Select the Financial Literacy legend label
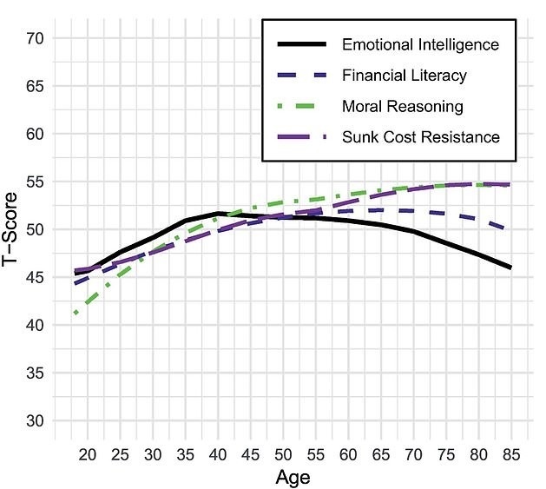pyautogui.click(x=405, y=76)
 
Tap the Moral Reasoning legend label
pyautogui.click(x=403, y=107)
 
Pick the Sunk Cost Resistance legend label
pyautogui.click(x=421, y=137)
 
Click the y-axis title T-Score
pyautogui.click(x=11, y=229)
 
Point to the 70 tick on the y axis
pyautogui.click(x=36, y=39)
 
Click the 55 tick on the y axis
pyautogui.click(x=36, y=182)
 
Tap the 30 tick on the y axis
pyautogui.click(x=36, y=421)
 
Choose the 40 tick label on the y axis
pyautogui.click(x=36, y=326)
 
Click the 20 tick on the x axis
pyautogui.click(x=87, y=453)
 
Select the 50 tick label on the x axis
pyautogui.click(x=282, y=453)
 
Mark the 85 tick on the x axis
pyautogui.click(x=510, y=453)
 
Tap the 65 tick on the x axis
pyautogui.click(x=380, y=453)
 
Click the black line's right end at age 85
pyautogui.click(x=510, y=268)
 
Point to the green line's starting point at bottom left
pyautogui.click(x=76, y=313)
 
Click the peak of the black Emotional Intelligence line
pyautogui.click(x=217, y=213)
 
